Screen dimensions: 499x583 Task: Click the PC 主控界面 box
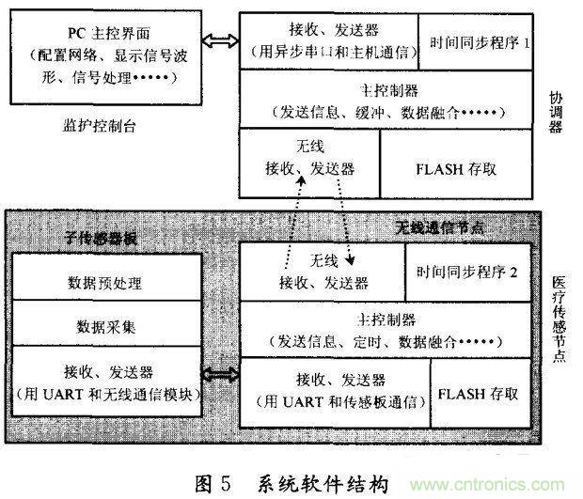click(116, 58)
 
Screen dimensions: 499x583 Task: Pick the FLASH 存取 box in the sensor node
click(478, 394)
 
